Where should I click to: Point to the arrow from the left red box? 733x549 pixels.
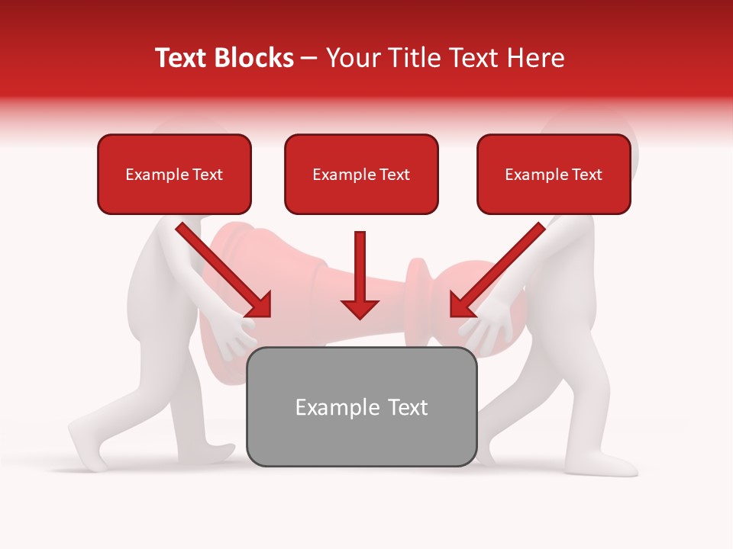pyautogui.click(x=224, y=271)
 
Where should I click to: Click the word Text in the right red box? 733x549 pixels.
pyautogui.click(x=586, y=175)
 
